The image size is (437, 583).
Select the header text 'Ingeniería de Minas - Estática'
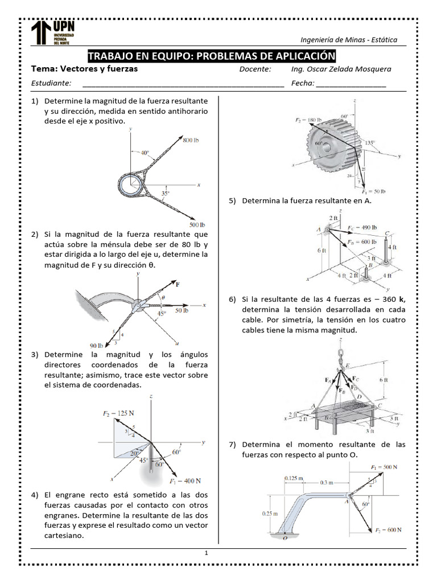(349, 39)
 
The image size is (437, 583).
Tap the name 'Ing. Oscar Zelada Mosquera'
(340, 69)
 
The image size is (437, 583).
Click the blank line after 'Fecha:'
(351, 84)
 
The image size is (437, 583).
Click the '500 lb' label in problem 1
(197, 223)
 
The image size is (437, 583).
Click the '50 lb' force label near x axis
(182, 311)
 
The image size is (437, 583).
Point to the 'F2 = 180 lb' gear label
(308, 120)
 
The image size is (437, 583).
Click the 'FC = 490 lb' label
(362, 227)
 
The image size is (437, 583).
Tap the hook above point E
(342, 348)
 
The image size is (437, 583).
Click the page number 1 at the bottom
(207, 553)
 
